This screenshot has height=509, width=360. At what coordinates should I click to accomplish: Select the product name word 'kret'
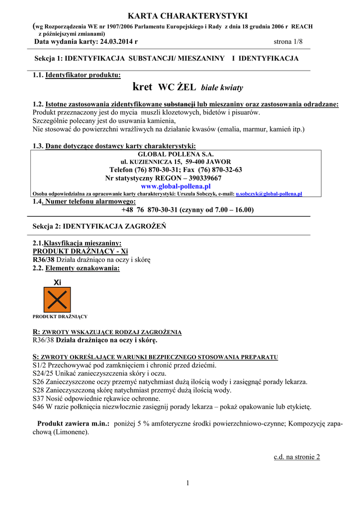pyautogui.click(x=143, y=87)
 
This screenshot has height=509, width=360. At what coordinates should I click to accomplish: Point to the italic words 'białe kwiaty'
pyautogui.click(x=222, y=88)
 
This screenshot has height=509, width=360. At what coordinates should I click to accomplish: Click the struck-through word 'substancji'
pyautogui.click(x=180, y=104)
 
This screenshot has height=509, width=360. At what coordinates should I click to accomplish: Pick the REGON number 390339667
pyautogui.click(x=199, y=178)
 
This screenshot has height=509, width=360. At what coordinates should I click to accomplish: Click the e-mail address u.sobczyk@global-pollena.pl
pyautogui.click(x=269, y=193)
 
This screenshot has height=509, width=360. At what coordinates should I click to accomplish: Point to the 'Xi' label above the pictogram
pyautogui.click(x=57, y=282)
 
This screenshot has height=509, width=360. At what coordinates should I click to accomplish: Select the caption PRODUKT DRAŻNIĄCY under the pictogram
pyautogui.click(x=60, y=317)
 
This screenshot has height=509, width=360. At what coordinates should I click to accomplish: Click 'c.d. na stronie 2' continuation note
pyautogui.click(x=297, y=457)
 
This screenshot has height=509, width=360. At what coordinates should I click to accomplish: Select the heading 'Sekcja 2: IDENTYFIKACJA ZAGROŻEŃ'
pyautogui.click(x=99, y=226)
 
